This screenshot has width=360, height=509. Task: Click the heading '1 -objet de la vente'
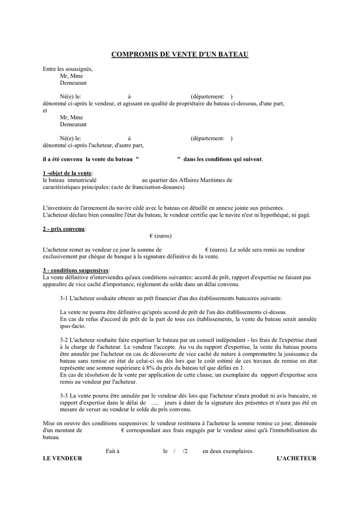[x=67, y=172]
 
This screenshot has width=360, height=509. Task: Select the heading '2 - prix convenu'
[x=63, y=228]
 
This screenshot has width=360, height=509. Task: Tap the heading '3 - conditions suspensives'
[x=76, y=270]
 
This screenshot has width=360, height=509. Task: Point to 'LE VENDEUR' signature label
[x=63, y=458]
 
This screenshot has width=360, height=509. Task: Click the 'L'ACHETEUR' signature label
[x=296, y=458]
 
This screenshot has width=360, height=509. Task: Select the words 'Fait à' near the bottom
[x=113, y=451]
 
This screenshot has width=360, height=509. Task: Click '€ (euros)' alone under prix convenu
[x=160, y=236]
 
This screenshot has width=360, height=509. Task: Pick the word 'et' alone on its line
[x=45, y=111]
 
